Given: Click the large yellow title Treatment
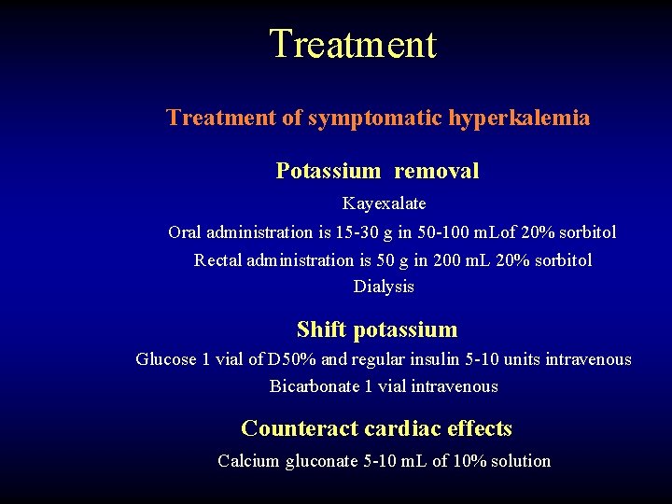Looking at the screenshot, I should point(353,44).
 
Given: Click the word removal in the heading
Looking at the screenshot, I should point(436,171).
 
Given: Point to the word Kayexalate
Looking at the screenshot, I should point(384,203).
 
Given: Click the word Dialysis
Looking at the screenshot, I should point(384,287).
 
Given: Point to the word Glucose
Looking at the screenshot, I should point(166,359).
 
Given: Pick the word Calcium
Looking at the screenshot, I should point(245,461).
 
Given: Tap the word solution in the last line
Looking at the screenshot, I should point(519,461).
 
